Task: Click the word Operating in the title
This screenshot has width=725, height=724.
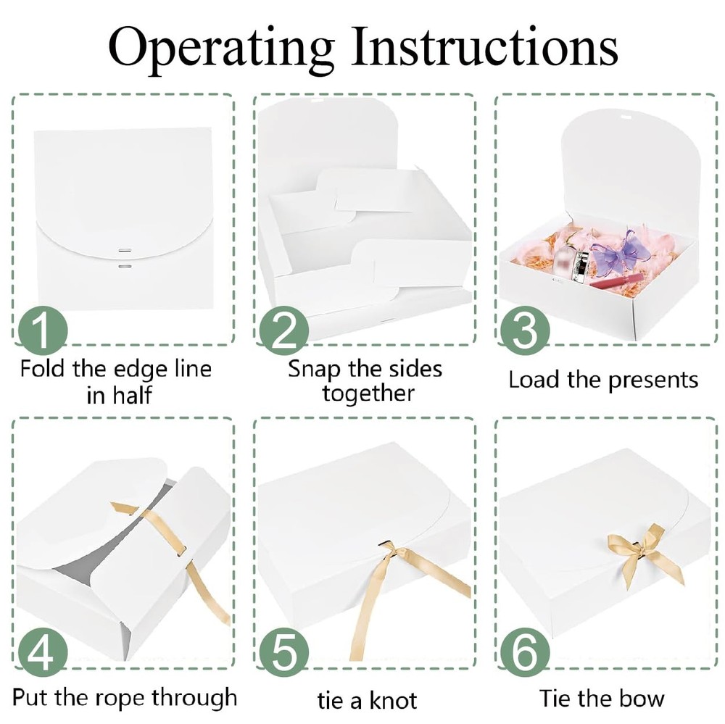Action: pos(221,49)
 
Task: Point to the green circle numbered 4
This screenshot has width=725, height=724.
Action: pos(43,653)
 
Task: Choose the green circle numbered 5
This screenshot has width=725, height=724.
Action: pos(283,653)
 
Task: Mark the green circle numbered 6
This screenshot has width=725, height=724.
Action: pos(525,653)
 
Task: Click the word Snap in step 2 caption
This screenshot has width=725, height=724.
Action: pos(315,370)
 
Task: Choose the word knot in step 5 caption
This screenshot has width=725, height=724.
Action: pos(392,700)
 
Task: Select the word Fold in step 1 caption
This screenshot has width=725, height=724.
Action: pos(43,369)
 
